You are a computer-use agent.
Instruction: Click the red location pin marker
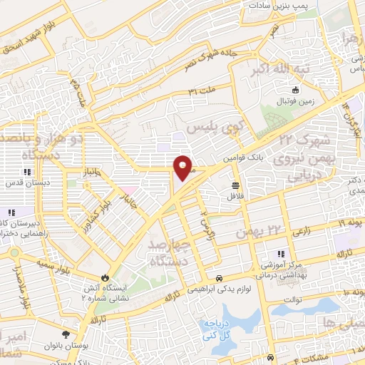point(182,167)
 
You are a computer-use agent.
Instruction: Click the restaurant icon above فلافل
point(235,184)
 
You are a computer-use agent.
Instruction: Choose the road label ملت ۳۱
point(202,91)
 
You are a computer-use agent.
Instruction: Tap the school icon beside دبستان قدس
point(27,172)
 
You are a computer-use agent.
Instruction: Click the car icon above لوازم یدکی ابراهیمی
point(219,278)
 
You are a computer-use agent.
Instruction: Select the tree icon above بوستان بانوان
point(66,334)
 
